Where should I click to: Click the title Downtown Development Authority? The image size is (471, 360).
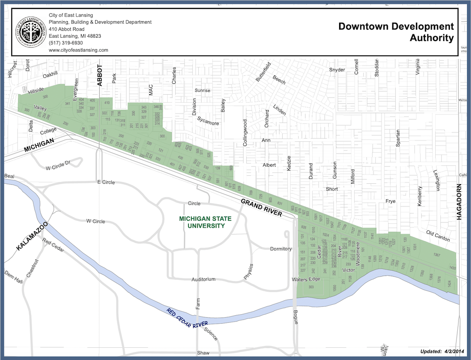396,32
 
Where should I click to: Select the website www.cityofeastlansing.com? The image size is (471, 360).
78,50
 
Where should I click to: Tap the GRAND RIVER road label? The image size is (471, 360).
261,207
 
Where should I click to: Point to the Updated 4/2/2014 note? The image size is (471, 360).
442,352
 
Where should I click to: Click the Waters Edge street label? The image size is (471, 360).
306,279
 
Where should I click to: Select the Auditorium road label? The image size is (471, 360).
203,279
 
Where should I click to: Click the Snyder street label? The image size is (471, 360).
337,70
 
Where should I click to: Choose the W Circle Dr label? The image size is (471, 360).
57,167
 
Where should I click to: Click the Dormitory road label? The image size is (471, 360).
281,249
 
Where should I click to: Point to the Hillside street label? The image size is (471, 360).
36,90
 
